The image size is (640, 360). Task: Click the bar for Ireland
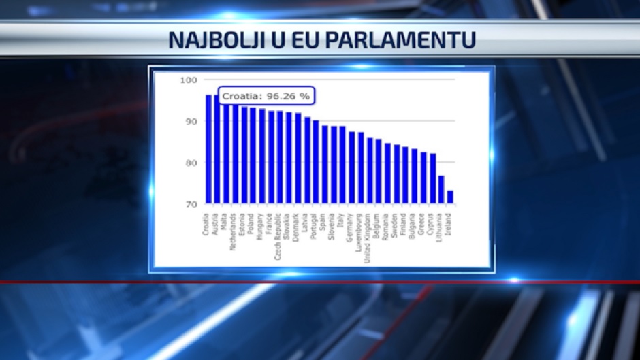coord(450,197)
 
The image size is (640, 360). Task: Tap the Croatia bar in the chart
coord(208,149)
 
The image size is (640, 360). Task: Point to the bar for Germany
coord(352,167)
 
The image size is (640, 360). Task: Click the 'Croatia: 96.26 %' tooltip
coord(266,96)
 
